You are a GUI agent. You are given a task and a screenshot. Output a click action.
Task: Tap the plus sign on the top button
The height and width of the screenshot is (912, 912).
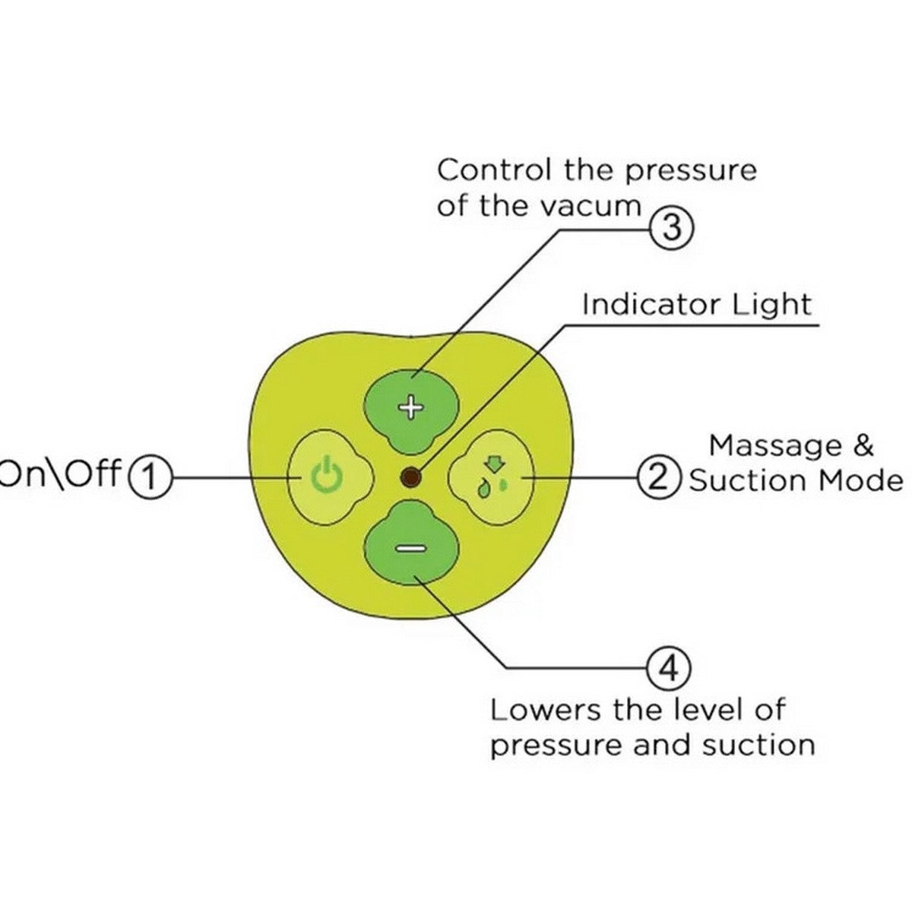pyautogui.click(x=412, y=408)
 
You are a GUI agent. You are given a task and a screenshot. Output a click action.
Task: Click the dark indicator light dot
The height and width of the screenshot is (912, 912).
pyautogui.click(x=411, y=477)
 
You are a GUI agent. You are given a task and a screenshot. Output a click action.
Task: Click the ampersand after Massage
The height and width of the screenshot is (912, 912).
pyautogui.click(x=863, y=445)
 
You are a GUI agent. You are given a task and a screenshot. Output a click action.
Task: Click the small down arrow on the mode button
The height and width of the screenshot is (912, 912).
pyautogui.click(x=494, y=463)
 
